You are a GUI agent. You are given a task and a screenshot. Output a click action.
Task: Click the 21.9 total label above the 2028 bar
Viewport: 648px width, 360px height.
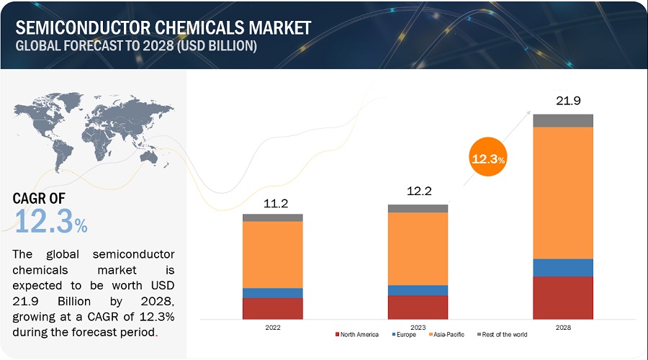pyautogui.click(x=563, y=102)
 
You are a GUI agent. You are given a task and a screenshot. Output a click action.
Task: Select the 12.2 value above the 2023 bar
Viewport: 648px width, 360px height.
pyautogui.click(x=418, y=193)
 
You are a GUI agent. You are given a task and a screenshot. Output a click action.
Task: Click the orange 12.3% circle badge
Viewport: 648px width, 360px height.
pyautogui.click(x=487, y=158)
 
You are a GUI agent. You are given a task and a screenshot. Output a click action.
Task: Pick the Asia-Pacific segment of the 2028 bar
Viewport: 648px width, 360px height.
pyautogui.click(x=563, y=192)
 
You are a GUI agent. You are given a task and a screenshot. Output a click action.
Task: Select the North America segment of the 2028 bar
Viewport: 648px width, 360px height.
pyautogui.click(x=563, y=297)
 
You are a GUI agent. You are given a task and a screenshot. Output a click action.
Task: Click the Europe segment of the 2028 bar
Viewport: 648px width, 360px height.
pyautogui.click(x=563, y=267)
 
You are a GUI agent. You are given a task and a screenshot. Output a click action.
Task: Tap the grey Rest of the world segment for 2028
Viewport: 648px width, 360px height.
pyautogui.click(x=563, y=120)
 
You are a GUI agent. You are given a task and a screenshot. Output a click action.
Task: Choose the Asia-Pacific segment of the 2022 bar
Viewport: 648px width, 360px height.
pyautogui.click(x=272, y=254)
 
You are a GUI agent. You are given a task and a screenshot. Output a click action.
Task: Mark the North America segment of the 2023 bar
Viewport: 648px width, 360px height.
pyautogui.click(x=418, y=307)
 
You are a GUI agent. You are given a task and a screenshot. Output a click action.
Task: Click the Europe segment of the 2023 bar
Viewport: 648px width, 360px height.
pyautogui.click(x=418, y=290)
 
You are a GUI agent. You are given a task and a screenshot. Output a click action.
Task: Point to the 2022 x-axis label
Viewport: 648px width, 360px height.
pyautogui.click(x=272, y=327)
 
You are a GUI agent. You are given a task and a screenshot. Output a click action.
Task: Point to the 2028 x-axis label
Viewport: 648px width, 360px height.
pyautogui.click(x=563, y=327)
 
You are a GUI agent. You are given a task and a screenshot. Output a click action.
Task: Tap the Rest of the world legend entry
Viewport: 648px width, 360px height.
pyautogui.click(x=502, y=335)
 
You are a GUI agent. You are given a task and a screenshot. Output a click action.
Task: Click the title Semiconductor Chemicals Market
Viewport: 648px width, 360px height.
pyautogui.click(x=163, y=28)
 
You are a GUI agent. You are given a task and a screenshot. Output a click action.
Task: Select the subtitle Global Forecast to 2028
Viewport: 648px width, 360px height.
pyautogui.click(x=136, y=46)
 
